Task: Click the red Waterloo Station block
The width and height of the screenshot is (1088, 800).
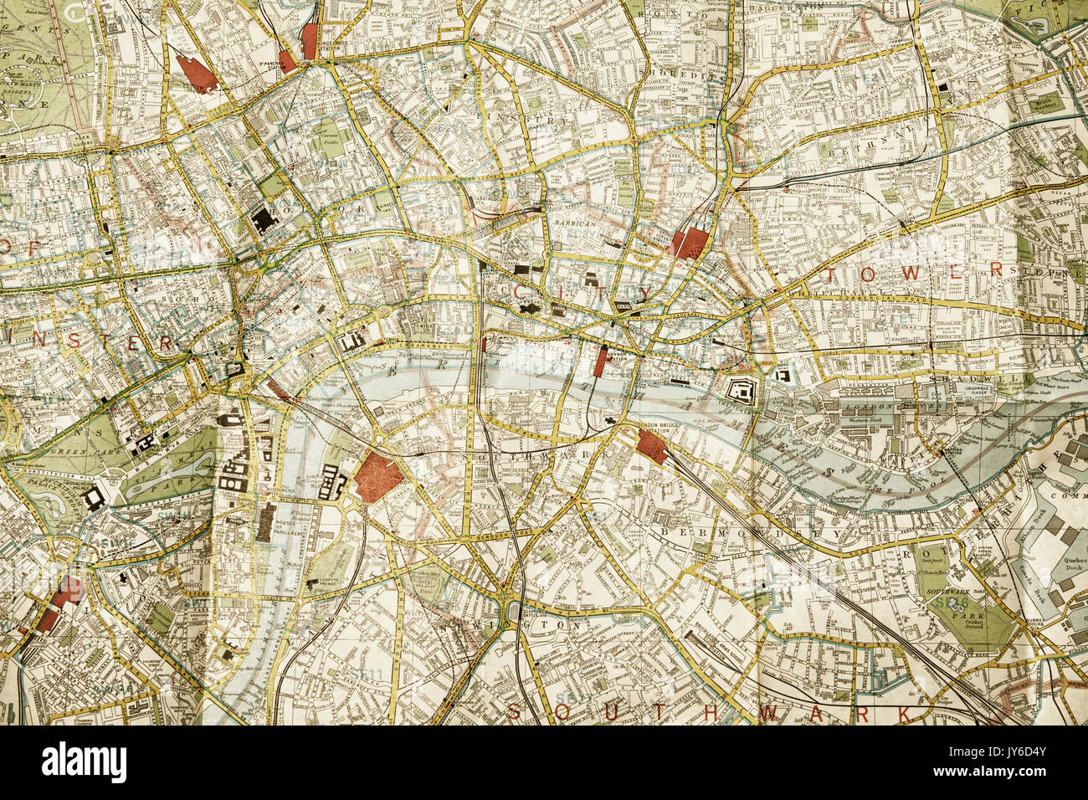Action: coord(379,478)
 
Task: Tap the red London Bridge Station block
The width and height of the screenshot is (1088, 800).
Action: coord(651,445)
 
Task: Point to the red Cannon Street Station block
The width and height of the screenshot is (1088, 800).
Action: coord(599,362)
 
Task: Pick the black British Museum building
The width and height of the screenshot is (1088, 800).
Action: coord(264,220)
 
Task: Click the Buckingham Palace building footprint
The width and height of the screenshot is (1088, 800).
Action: coord(94,497)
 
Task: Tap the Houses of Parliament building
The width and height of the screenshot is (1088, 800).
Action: coord(267,522)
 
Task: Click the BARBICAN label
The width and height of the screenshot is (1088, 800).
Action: coord(574,224)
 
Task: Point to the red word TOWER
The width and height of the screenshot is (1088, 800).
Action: coord(913,271)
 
